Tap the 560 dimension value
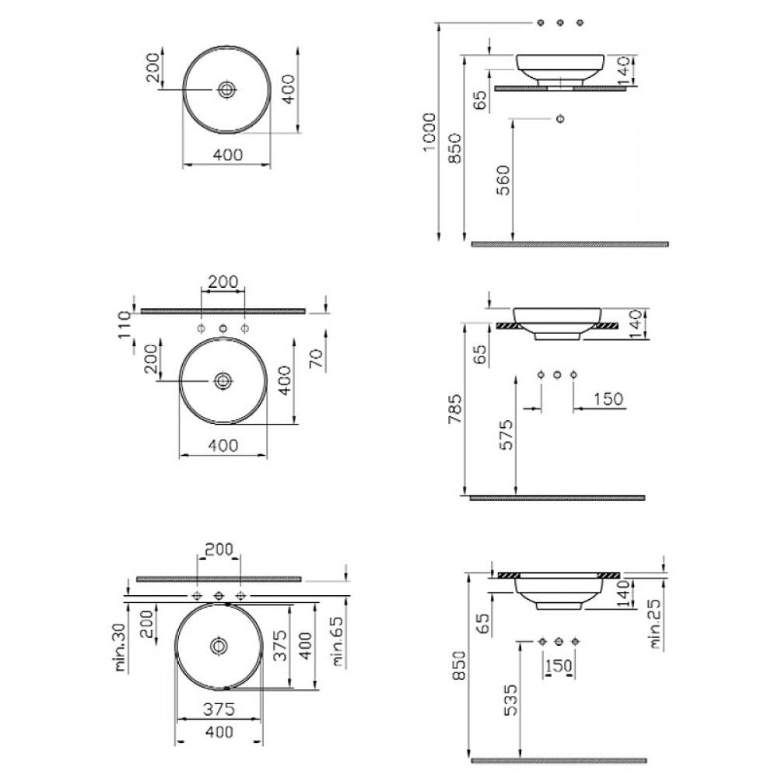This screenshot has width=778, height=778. tap(503, 180)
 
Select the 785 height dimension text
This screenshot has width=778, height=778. tap(455, 409)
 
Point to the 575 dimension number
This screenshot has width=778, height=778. tap(506, 435)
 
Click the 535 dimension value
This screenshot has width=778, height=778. tap(510, 700)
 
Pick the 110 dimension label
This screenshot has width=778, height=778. tap(124, 324)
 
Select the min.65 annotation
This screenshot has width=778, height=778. tap(338, 641)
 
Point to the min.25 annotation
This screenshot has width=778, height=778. tap(657, 624)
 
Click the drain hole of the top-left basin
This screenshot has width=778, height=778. tap(226, 89)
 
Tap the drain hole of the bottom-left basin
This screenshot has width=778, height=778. tap(218, 646)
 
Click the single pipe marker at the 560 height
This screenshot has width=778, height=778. tap(561, 118)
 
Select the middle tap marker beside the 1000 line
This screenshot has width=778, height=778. tap(561, 23)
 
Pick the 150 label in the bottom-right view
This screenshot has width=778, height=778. tap(559, 665)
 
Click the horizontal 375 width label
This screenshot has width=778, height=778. tap(219, 710)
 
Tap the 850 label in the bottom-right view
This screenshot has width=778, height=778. tap(460, 665)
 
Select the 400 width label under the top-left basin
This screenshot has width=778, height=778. tap(228, 155)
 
